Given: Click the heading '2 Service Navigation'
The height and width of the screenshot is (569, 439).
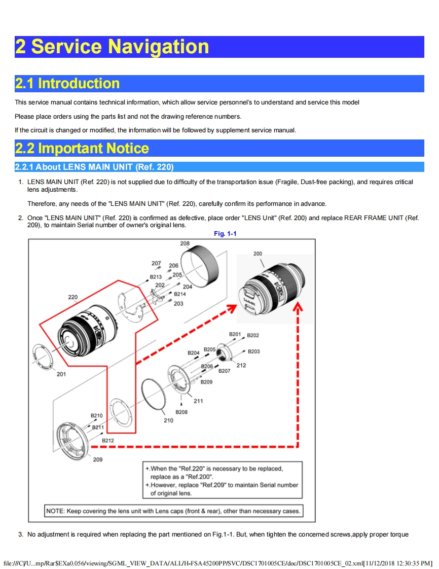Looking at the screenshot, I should tap(112, 47).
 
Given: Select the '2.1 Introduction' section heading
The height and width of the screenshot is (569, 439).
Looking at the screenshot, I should tap(67, 84).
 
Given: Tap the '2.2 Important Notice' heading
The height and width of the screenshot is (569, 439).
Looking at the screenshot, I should tap(82, 149).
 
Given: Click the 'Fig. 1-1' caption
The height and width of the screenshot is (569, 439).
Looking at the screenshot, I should tap(225, 234).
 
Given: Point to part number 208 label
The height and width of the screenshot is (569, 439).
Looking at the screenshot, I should tap(185, 244).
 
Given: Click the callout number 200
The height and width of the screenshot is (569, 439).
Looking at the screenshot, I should tap(258, 254).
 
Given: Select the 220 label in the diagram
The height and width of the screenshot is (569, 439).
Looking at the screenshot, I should tap(73, 297).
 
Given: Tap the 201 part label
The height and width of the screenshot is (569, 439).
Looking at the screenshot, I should tap(61, 374).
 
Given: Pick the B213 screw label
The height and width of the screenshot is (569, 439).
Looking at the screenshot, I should tap(156, 277).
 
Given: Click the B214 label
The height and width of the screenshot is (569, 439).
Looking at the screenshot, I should tap(180, 294).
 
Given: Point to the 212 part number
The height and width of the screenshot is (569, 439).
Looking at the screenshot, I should tap(241, 365).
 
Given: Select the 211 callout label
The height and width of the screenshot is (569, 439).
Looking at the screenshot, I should tap(198, 401).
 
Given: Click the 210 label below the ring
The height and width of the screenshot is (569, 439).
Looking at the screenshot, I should tap(168, 420).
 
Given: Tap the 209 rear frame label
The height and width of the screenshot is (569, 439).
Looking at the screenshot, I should tap(97, 459).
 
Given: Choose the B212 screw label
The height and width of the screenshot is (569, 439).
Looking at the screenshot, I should tap(108, 441).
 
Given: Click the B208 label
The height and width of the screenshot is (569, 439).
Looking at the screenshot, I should tap(181, 412).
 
